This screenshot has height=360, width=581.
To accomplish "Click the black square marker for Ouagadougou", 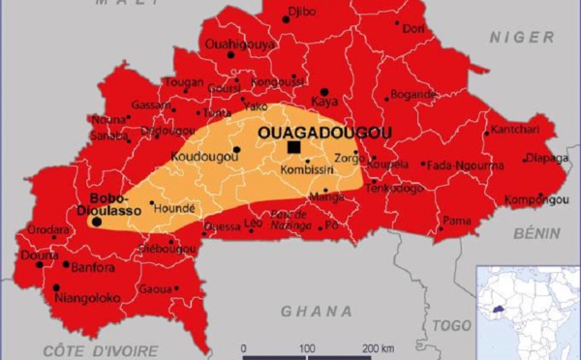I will coord(293,147).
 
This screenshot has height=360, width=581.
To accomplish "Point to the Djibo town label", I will coord(303,12).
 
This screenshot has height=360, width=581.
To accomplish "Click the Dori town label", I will coord(413,29).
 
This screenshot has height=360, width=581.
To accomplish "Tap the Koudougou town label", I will coord(198,156).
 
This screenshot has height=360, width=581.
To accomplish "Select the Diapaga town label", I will coord(546,158).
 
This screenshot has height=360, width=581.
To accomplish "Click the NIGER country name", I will coord(520,37).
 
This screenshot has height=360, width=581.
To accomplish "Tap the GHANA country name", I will coord(317,311).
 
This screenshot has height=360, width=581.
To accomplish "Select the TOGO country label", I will coord(449,326).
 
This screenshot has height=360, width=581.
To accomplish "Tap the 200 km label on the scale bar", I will coord(377,347).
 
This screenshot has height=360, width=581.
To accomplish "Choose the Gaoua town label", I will coord(155,289).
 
